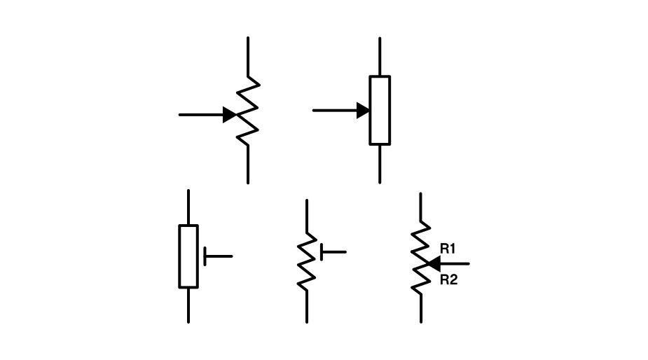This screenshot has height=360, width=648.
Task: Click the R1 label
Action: [x=448, y=249]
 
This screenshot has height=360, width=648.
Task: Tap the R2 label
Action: [x=448, y=280]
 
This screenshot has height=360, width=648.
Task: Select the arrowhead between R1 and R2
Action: [x=433, y=264]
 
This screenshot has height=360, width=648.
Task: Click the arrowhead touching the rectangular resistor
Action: [x=363, y=110]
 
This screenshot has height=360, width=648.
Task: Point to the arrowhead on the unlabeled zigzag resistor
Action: [x=229, y=114]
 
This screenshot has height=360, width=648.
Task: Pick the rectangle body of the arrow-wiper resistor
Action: [x=380, y=110]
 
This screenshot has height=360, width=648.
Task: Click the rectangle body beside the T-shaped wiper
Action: [x=188, y=256]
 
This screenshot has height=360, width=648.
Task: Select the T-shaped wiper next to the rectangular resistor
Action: [x=214, y=256]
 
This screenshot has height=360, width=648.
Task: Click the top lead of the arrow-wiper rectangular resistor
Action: [x=380, y=56]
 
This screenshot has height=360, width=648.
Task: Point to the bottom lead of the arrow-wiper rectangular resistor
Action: [x=380, y=164]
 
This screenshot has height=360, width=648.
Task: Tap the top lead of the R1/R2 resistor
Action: [x=420, y=207]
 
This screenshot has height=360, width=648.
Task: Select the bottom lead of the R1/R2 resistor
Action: [x=420, y=308]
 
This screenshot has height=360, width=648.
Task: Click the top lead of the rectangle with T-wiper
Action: [x=188, y=207]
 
